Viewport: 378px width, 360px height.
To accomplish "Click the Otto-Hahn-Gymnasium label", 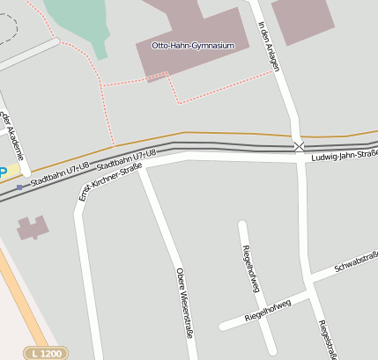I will click(x=193, y=45).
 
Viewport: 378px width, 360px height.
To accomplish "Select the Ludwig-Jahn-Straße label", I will click(x=343, y=156).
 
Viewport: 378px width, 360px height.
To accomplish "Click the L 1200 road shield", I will click(x=45, y=353).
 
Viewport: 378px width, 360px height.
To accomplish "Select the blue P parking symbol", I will click(x=3, y=173).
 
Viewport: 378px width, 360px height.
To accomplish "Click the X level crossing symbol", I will click(x=300, y=146).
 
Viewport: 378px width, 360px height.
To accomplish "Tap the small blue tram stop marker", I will click(x=19, y=187).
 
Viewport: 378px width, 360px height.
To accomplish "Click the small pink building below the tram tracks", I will click(x=33, y=227).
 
